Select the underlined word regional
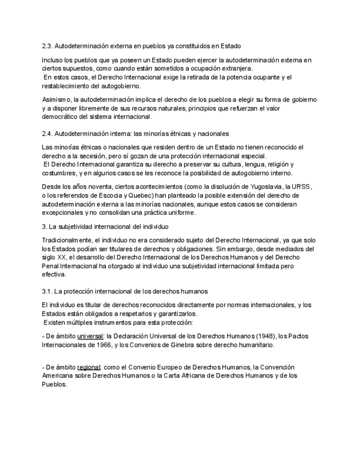tap(89, 367)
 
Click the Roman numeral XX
tap(62, 258)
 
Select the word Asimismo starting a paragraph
tap(56, 99)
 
